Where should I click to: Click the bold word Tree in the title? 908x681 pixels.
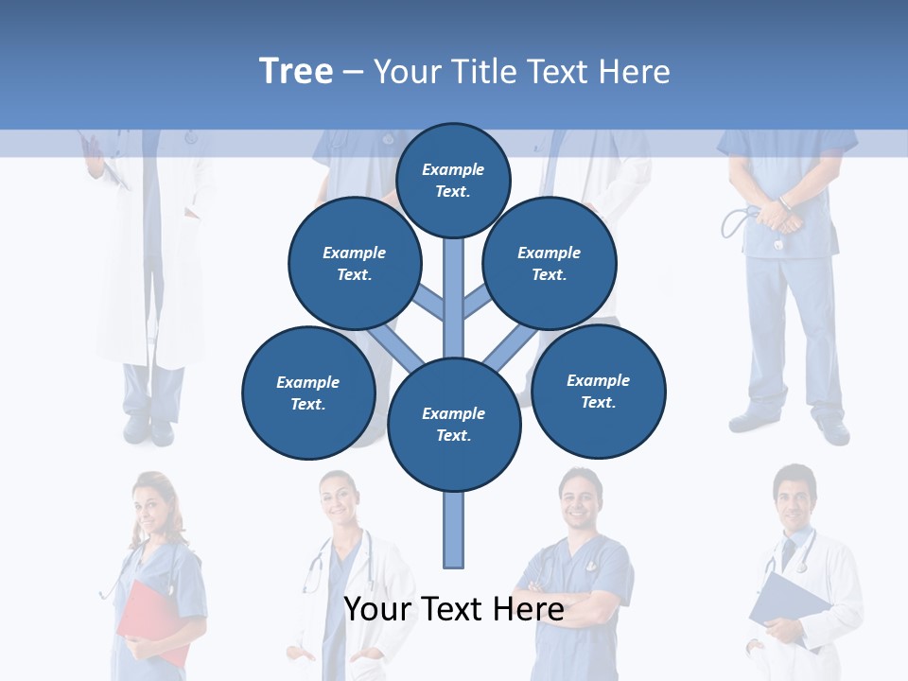click(296, 72)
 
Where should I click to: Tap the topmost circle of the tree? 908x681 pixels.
click(453, 180)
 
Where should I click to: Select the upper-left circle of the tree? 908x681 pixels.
click(354, 263)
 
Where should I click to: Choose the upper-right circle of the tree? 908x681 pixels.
click(550, 263)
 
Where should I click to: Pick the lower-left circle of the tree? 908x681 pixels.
click(308, 393)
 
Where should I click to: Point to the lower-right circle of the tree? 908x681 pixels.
click(598, 391)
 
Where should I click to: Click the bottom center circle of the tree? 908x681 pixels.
click(454, 425)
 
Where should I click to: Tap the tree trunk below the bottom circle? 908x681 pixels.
click(454, 530)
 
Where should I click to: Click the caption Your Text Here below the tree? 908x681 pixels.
click(454, 609)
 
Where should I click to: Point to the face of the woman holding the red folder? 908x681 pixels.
click(150, 506)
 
